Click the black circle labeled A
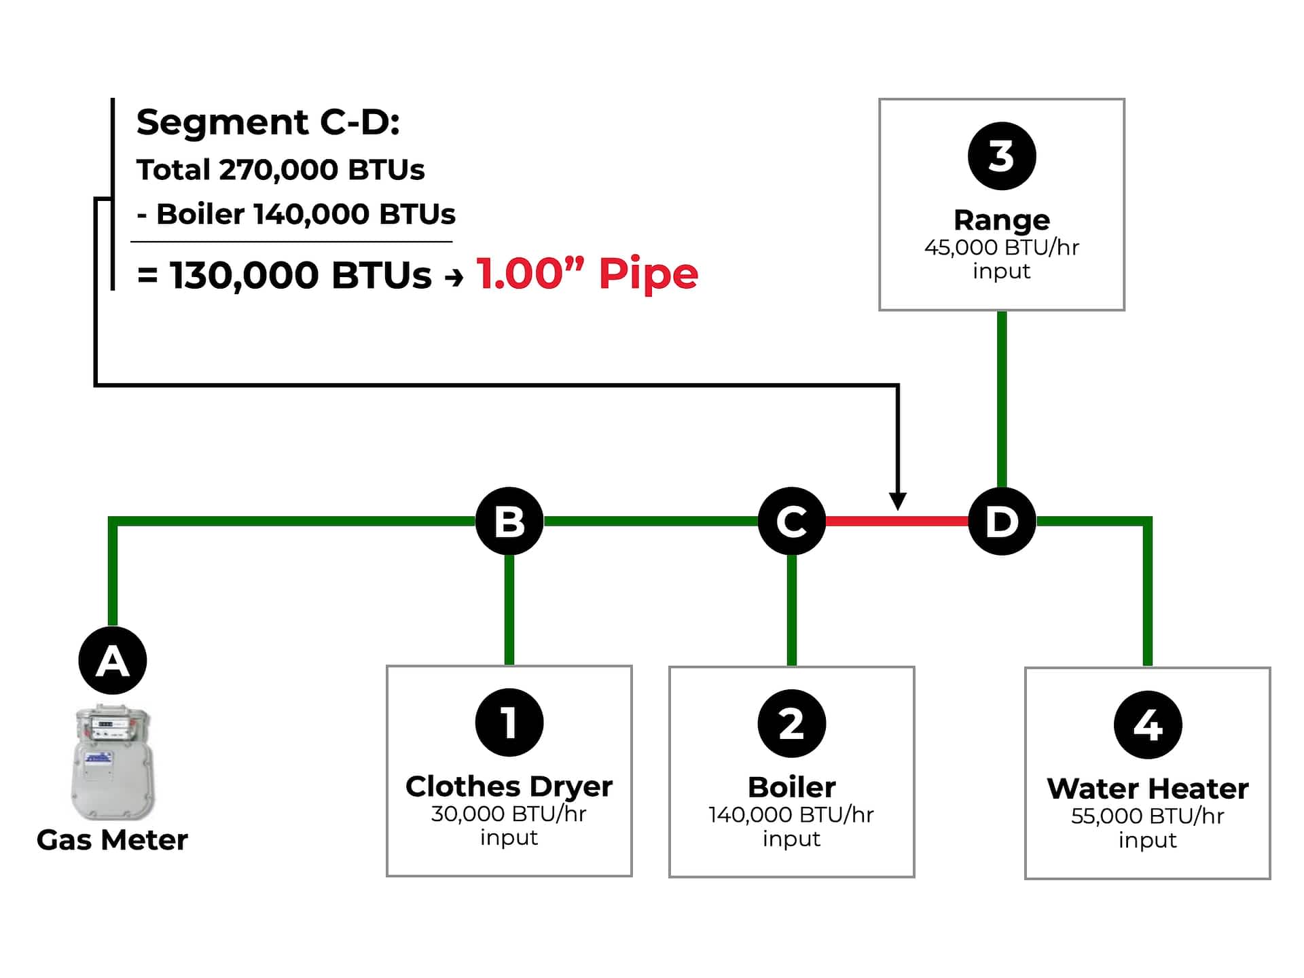pyautogui.click(x=113, y=660)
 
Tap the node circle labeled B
pyautogui.click(x=509, y=521)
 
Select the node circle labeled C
pyautogui.click(x=791, y=521)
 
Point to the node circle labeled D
pyautogui.click(x=1002, y=521)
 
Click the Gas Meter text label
pyautogui.click(x=112, y=840)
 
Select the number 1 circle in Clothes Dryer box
pyautogui.click(x=509, y=722)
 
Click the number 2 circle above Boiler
pyautogui.click(x=791, y=723)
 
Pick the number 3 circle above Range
pyautogui.click(x=1002, y=156)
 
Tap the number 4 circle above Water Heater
pyautogui.click(x=1148, y=725)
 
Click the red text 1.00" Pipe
pyautogui.click(x=587, y=274)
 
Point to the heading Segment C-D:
pyautogui.click(x=268, y=122)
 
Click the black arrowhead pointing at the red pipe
pyautogui.click(x=898, y=501)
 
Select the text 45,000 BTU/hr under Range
pyautogui.click(x=1002, y=247)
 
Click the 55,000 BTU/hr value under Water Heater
pyautogui.click(x=1148, y=816)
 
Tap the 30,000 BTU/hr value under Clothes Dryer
pyautogui.click(x=509, y=814)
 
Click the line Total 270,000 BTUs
pyautogui.click(x=280, y=170)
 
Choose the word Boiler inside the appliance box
pyautogui.click(x=791, y=787)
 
